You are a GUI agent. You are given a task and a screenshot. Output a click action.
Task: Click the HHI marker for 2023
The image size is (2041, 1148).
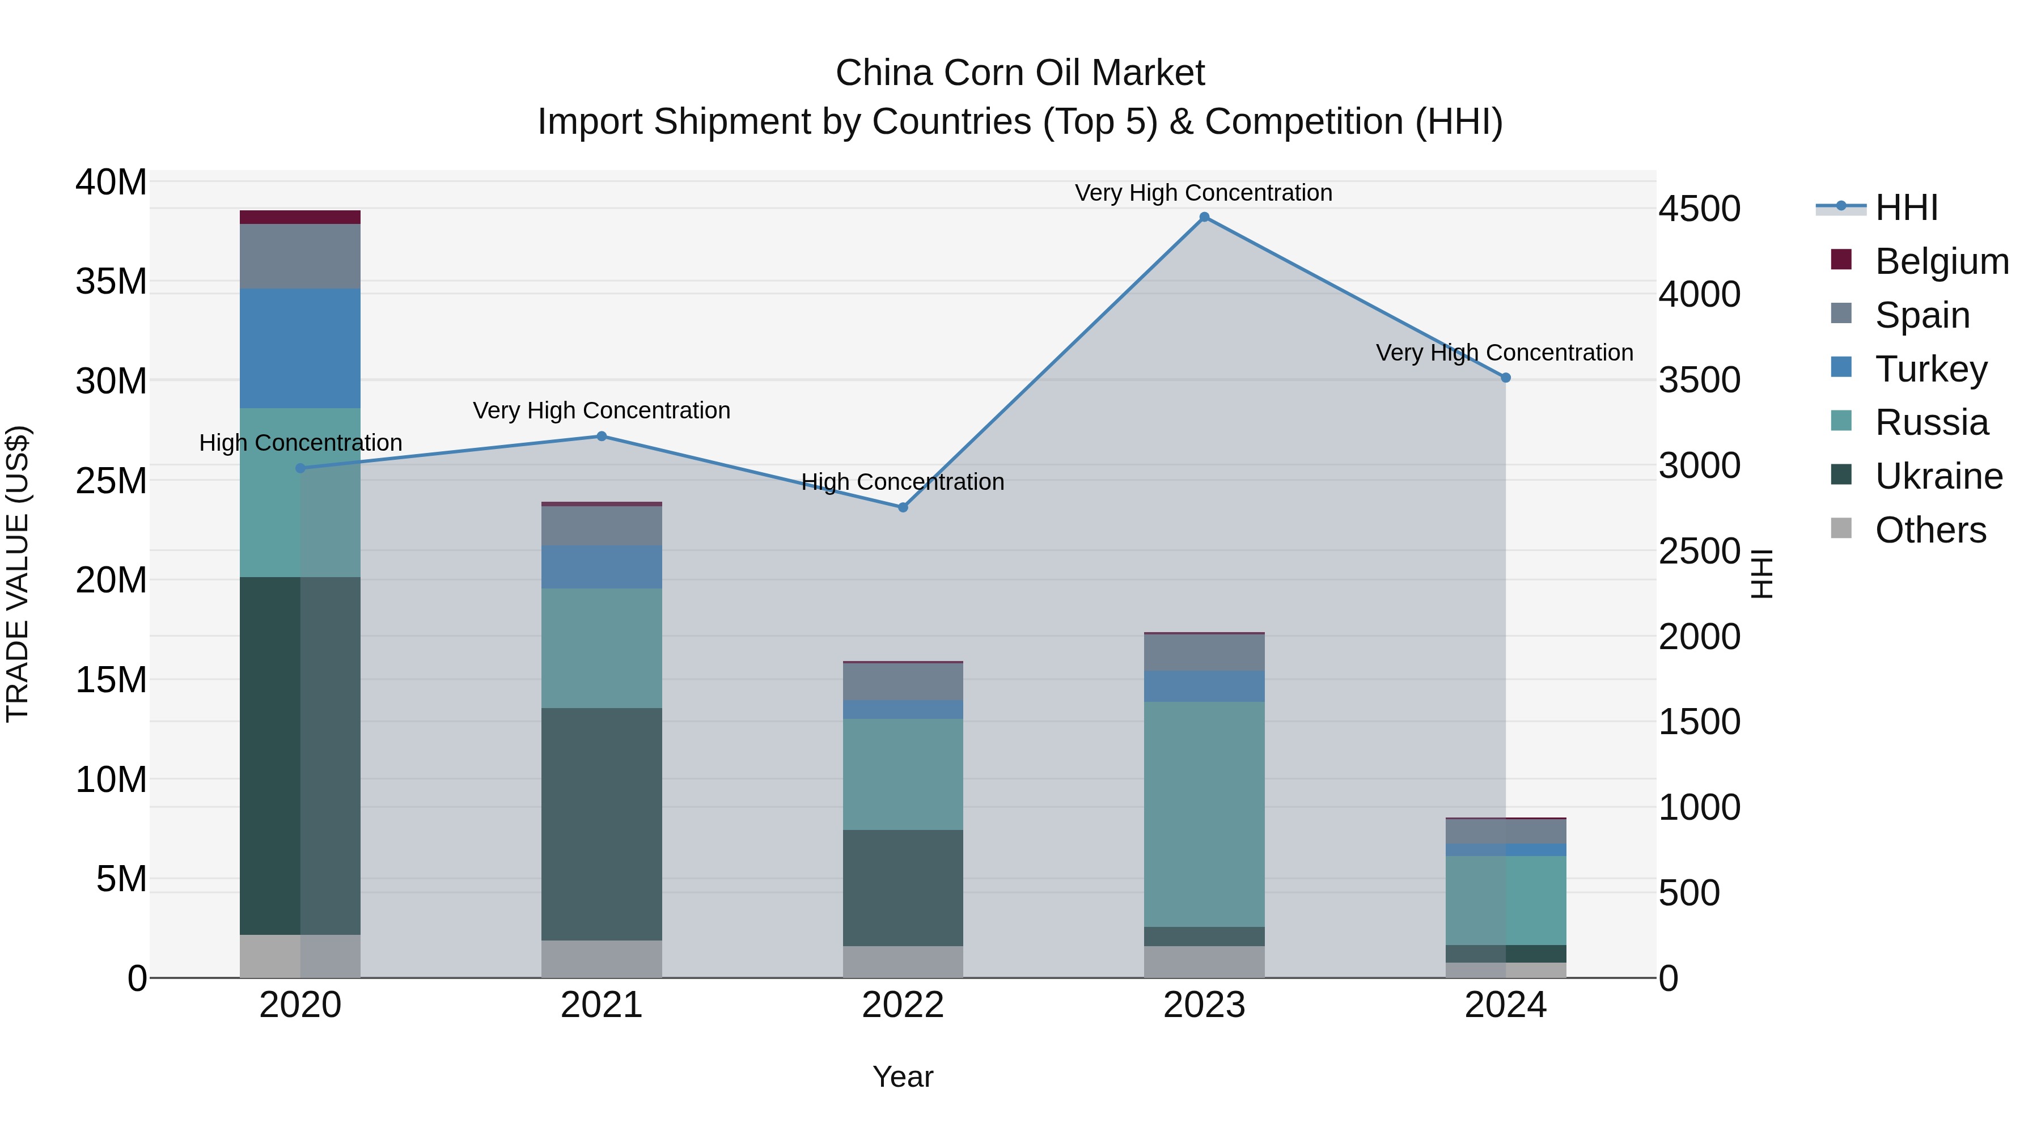pyautogui.click(x=1204, y=217)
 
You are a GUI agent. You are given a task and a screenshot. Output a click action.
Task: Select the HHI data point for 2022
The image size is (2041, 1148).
pyautogui.click(x=903, y=507)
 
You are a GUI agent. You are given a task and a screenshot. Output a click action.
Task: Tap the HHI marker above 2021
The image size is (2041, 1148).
pyautogui.click(x=602, y=436)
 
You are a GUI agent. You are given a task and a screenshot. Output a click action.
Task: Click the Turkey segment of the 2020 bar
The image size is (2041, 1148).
pyautogui.click(x=300, y=349)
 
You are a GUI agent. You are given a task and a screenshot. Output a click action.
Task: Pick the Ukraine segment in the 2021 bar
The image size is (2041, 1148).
pyautogui.click(x=602, y=824)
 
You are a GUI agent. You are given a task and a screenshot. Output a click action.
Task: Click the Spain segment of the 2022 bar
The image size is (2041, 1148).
pyautogui.click(x=903, y=681)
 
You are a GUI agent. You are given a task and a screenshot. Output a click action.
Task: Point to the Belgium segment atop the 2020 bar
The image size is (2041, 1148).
pyautogui.click(x=300, y=217)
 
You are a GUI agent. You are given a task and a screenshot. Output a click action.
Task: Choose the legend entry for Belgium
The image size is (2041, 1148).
pyautogui.click(x=1917, y=261)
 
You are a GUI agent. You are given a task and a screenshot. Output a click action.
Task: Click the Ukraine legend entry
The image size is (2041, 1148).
pyautogui.click(x=1917, y=476)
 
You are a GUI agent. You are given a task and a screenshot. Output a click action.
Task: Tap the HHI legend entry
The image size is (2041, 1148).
pyautogui.click(x=1886, y=207)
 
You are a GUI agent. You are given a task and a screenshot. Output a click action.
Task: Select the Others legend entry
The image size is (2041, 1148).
pyautogui.click(x=1917, y=530)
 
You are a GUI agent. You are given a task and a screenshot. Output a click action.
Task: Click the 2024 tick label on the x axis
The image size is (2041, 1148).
pyautogui.click(x=1505, y=1005)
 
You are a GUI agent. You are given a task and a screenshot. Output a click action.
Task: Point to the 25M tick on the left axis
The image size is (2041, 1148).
pyautogui.click(x=111, y=481)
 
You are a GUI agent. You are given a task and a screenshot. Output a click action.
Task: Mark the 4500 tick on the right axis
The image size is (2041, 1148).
pyautogui.click(x=1700, y=209)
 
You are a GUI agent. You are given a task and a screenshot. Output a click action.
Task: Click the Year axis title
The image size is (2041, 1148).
pyautogui.click(x=903, y=1077)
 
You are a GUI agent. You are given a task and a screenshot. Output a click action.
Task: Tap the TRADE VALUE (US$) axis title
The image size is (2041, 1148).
pyautogui.click(x=18, y=574)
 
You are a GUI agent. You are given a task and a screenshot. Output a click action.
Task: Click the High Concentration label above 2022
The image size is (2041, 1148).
pyautogui.click(x=903, y=482)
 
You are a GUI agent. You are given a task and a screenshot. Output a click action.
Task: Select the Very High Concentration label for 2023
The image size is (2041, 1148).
pyautogui.click(x=1204, y=193)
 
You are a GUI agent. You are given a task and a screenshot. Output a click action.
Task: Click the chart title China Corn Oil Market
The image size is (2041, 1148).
pyautogui.click(x=1020, y=73)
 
